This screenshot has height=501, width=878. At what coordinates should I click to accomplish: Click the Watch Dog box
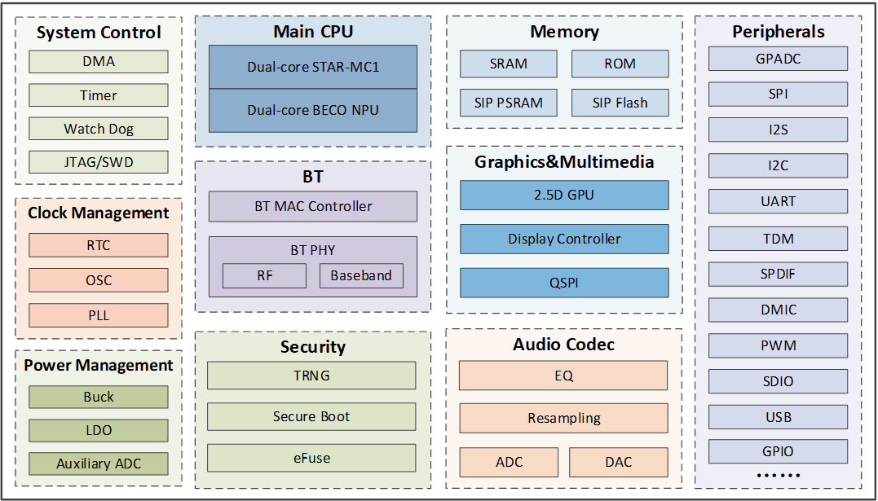(x=99, y=129)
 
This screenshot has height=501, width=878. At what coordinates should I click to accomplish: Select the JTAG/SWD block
(x=99, y=162)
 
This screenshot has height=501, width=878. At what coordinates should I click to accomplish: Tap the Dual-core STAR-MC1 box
(x=313, y=67)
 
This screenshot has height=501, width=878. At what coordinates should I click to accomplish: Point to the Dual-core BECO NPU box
(x=313, y=110)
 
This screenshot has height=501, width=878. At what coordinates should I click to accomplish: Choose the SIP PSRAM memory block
(x=509, y=103)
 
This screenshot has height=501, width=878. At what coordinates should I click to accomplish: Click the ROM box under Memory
(x=620, y=64)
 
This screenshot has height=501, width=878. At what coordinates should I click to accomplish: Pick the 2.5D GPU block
(x=564, y=195)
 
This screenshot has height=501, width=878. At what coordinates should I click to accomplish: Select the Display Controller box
(x=564, y=239)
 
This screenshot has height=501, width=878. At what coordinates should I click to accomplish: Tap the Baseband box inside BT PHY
(x=361, y=276)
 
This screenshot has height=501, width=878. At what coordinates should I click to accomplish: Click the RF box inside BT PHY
(x=264, y=276)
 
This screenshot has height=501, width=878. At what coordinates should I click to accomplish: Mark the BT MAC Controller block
(x=313, y=207)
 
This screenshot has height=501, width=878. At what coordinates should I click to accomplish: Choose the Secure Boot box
(x=311, y=416)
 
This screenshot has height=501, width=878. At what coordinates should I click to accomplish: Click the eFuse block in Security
(x=311, y=458)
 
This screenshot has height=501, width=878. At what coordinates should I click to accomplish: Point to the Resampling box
(x=564, y=418)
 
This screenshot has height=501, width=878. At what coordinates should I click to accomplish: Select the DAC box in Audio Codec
(x=619, y=462)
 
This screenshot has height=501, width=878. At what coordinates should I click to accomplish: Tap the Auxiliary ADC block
(x=99, y=464)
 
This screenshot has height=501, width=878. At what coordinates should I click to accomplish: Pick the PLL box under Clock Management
(x=99, y=315)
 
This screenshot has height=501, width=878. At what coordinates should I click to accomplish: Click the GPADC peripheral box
(x=778, y=59)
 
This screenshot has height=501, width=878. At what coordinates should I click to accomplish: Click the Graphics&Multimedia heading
(x=564, y=162)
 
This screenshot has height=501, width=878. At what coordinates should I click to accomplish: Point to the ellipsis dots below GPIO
(x=779, y=476)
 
